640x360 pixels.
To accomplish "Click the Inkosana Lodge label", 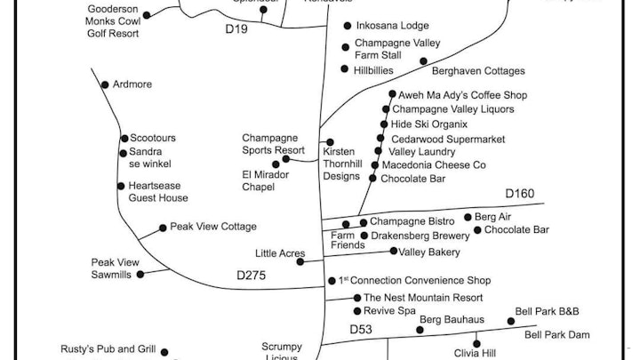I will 391,26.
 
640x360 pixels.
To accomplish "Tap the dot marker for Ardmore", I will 105,85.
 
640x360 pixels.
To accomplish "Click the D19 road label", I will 236,30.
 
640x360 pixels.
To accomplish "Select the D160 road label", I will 520,194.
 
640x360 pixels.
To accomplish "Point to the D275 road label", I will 252,276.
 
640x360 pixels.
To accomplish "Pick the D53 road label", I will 360,329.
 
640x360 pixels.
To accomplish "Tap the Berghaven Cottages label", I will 478,71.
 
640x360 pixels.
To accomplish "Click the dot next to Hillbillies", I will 345,68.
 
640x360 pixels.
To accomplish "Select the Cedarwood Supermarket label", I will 441,139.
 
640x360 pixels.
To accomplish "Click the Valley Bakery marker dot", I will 394,252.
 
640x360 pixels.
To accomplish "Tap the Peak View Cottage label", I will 213,227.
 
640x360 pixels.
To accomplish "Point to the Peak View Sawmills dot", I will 140,274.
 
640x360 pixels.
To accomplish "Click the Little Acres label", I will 280,253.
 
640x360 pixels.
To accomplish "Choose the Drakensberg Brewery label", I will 420,236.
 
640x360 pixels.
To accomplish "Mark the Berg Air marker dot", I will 468,217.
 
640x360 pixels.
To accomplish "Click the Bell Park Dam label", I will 557,334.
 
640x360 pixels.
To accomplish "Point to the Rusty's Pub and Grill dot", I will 164,352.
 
